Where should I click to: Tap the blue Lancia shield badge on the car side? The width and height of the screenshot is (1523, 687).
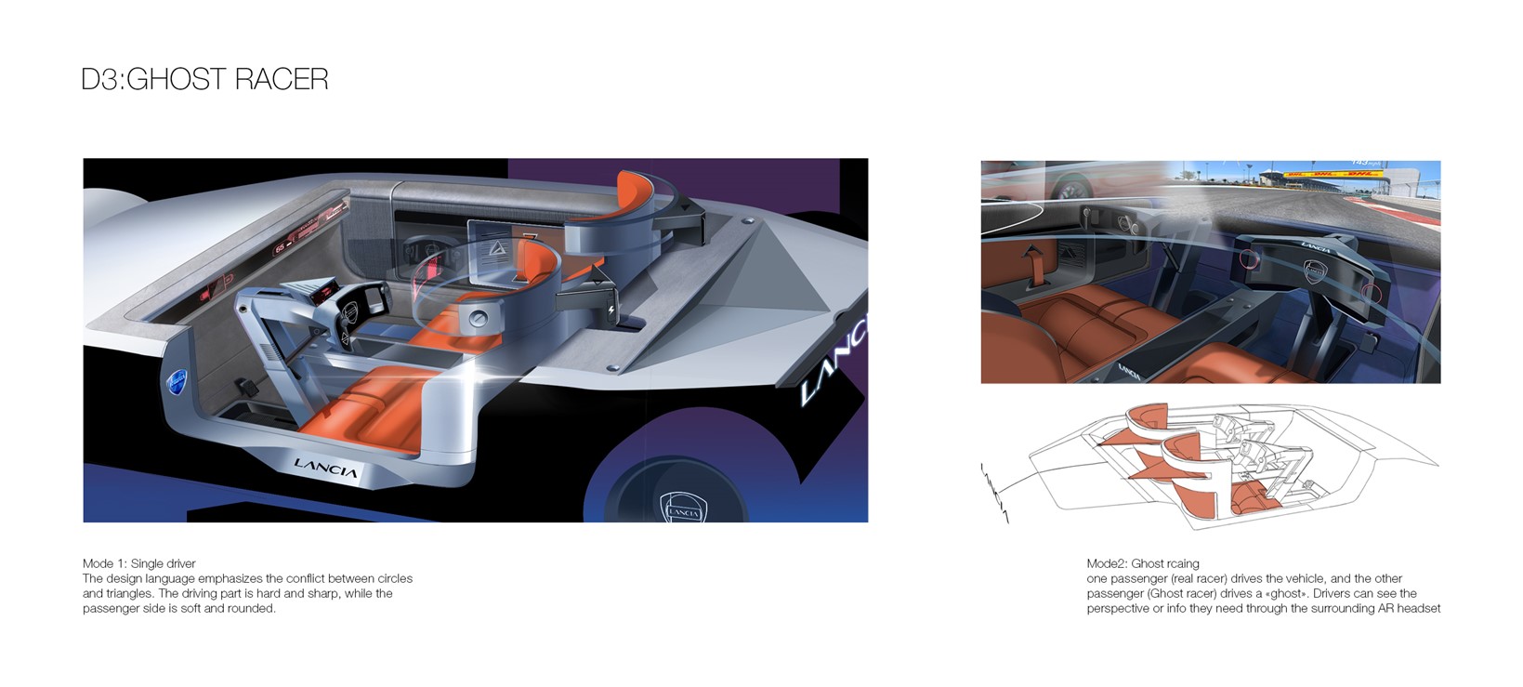tap(177, 383)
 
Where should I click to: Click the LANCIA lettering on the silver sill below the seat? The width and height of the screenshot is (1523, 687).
tap(325, 468)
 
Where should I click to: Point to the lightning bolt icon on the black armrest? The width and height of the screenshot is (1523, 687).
tap(611, 310)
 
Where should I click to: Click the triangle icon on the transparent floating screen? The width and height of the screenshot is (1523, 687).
tap(495, 247)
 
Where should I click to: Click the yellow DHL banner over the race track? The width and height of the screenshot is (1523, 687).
tap(1333, 174)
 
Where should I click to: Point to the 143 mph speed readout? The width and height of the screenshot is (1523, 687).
tap(1362, 164)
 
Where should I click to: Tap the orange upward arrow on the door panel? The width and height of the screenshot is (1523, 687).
tap(1031, 257)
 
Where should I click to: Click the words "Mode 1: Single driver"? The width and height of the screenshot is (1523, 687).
tap(139, 563)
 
